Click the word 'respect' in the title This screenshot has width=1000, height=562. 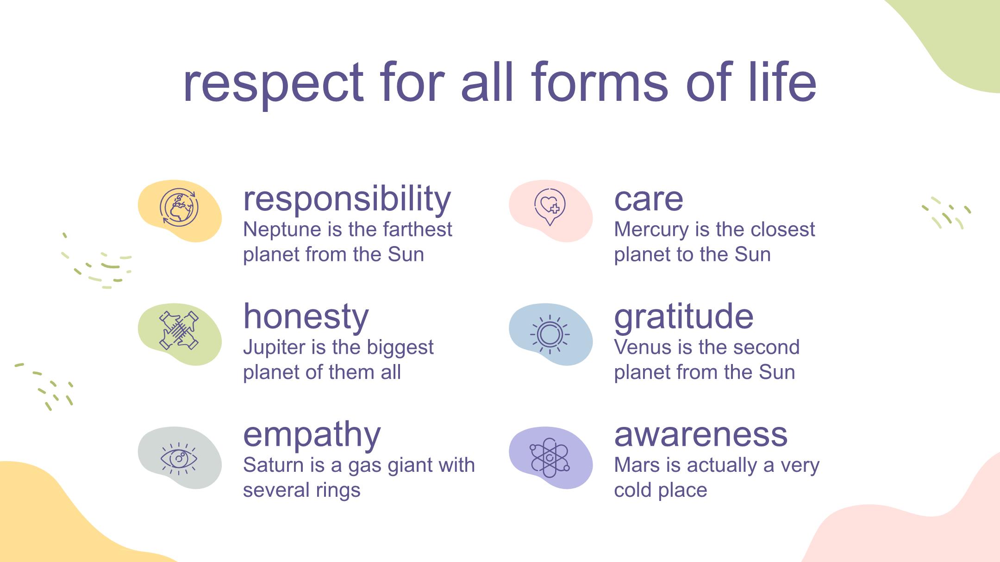(273, 83)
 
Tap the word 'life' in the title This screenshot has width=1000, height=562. (782, 80)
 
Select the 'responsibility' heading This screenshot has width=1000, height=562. (347, 199)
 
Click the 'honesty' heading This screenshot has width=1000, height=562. (306, 317)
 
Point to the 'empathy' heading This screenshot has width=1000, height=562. (312, 435)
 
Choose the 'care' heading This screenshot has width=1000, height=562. (648, 200)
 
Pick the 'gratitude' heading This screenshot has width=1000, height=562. (684, 317)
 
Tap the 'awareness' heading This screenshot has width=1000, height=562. (701, 435)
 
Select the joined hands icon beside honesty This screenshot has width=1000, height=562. (179, 330)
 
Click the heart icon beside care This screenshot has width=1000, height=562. (550, 207)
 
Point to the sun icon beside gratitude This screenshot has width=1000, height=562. (550, 334)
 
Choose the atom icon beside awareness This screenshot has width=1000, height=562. (550, 458)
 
